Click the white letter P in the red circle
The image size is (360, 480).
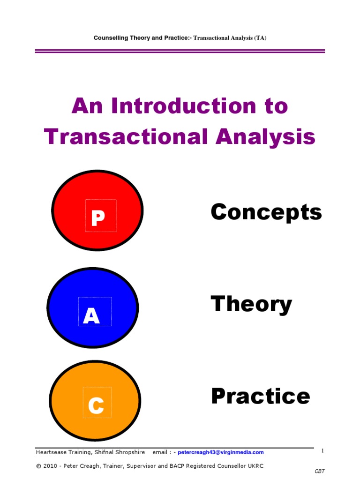(x=97, y=218)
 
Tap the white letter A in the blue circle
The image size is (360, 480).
(x=91, y=316)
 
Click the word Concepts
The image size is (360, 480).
(x=266, y=212)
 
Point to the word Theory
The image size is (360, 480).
(x=251, y=305)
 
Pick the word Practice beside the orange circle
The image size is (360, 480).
(x=261, y=396)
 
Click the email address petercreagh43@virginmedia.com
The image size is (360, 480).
(x=221, y=452)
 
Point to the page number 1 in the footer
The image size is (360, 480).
(x=322, y=451)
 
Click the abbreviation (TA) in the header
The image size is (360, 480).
(x=260, y=38)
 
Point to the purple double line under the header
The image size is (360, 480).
(x=180, y=51)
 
